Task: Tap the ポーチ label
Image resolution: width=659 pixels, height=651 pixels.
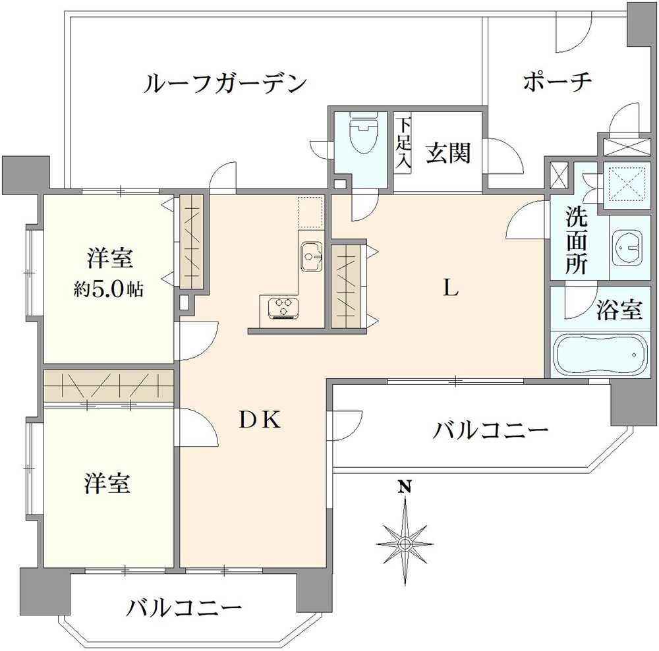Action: [558, 82]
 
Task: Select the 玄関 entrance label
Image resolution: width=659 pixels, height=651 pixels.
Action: [447, 154]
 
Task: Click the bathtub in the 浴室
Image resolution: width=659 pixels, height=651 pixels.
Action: [597, 355]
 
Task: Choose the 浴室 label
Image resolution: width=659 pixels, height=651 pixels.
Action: [619, 310]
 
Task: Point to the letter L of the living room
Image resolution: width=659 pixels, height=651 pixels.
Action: [450, 288]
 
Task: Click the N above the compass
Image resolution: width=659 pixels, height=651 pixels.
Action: [405, 488]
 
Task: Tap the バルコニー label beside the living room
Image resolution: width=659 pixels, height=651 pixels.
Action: [490, 432]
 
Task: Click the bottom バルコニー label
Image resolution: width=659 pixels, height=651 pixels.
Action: [185, 607]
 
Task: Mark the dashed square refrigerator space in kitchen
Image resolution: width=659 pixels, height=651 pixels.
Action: [309, 212]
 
